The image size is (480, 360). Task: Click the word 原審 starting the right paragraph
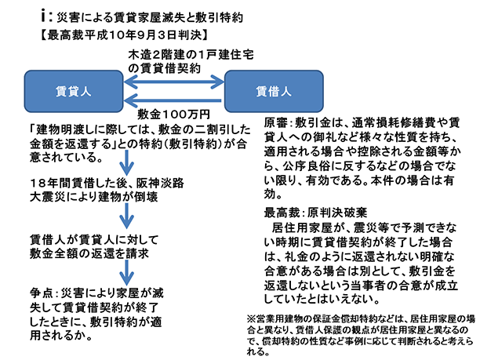(x=276, y=123)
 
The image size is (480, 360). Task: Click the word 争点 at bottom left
(x=42, y=290)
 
